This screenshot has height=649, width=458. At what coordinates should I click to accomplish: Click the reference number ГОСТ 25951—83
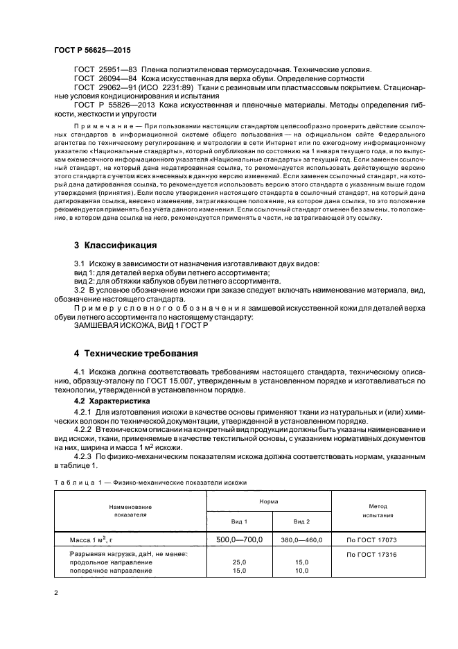[105, 69]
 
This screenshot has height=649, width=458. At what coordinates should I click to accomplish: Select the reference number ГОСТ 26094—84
[105, 79]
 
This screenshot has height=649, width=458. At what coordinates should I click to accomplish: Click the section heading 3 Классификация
[116, 245]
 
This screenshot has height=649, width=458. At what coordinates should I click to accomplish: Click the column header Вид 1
[239, 520]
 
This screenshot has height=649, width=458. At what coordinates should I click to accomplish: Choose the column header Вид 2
[301, 520]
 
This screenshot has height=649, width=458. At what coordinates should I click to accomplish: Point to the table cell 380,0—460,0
[301, 539]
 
